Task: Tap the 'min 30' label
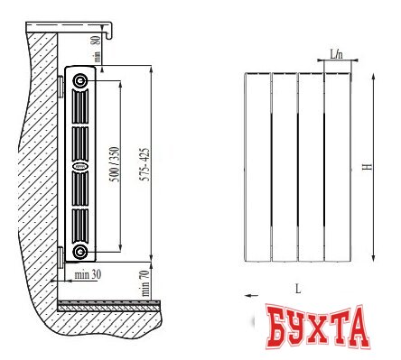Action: tap(88, 275)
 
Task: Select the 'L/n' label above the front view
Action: tap(337, 55)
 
